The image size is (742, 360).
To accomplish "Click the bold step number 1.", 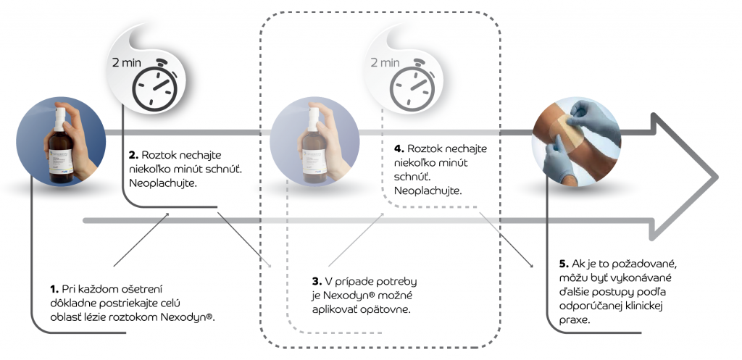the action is click(54, 289).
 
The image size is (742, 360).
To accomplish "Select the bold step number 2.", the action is click(133, 155).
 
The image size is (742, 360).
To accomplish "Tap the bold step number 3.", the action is click(317, 282).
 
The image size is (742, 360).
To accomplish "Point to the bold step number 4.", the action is click(399, 148).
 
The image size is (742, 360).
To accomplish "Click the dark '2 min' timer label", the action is click(127, 62).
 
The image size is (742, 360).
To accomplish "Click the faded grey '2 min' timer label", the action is click(385, 62).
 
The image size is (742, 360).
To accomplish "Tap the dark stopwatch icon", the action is click(154, 83).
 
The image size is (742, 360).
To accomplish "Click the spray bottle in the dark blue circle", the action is click(60, 146).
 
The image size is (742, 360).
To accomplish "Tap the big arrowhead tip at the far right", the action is click(718, 178).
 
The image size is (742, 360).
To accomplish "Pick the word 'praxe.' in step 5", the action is click(575, 320).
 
